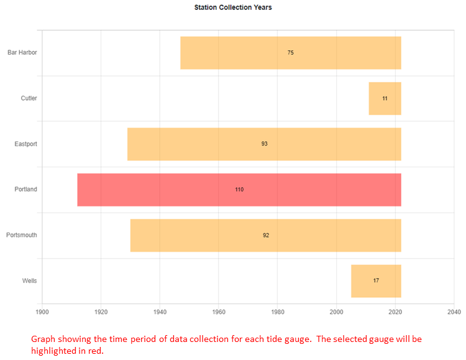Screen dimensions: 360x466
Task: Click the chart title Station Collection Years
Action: click(233, 7)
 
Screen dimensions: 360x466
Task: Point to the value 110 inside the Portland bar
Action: click(239, 190)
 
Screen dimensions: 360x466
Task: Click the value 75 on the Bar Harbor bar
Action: click(291, 53)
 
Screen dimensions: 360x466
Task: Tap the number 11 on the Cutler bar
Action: click(385, 98)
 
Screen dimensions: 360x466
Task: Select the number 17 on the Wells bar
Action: click(376, 281)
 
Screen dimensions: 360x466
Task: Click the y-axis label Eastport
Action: click(26, 144)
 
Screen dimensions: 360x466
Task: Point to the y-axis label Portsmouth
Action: click(22, 235)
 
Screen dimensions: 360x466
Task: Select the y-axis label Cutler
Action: click(29, 98)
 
